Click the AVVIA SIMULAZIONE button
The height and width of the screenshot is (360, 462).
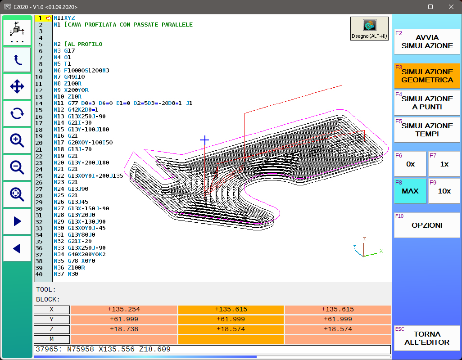[x=427, y=42]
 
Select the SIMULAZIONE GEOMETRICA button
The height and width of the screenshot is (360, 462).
[x=427, y=76]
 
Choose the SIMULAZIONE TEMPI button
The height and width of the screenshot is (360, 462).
[x=427, y=130]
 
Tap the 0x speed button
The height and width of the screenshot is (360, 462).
[x=410, y=164]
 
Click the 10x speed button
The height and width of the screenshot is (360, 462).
[x=444, y=191]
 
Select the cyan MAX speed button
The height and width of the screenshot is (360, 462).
[x=410, y=191]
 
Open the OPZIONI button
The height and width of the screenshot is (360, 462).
[x=427, y=225]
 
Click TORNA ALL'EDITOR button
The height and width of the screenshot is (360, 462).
[x=427, y=338]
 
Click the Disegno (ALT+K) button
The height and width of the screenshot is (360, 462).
[x=369, y=29]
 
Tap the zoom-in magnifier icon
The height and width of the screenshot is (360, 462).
[x=17, y=140]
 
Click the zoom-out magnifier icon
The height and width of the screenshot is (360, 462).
[x=17, y=167]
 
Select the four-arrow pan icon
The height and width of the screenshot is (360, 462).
[x=17, y=86]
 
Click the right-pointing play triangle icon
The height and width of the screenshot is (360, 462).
[x=17, y=221]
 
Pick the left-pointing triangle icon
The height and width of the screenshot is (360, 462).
[x=17, y=248]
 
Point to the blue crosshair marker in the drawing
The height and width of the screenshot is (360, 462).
[x=204, y=140]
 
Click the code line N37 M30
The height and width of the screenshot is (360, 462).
[x=65, y=274]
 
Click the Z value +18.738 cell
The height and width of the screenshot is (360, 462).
[x=124, y=329]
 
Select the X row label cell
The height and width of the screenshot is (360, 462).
[x=52, y=310]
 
